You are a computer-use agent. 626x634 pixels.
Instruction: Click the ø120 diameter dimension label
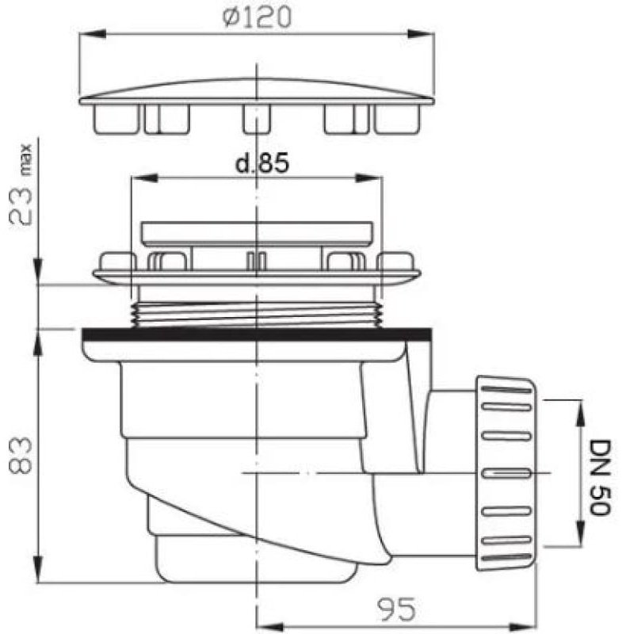(x=257, y=17)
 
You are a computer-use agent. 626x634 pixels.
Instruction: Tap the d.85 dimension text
(x=262, y=163)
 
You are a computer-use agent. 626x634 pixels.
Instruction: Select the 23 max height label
(x=21, y=185)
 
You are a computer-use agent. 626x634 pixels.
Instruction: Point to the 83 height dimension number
(x=20, y=455)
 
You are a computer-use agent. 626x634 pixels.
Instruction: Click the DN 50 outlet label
(x=600, y=478)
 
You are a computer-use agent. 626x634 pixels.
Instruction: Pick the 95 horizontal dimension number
(x=396, y=609)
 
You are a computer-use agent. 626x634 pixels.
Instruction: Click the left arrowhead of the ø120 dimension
(x=93, y=34)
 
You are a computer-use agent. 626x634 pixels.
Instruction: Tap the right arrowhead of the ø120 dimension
(x=421, y=34)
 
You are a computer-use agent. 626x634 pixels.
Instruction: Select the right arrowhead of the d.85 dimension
(x=368, y=178)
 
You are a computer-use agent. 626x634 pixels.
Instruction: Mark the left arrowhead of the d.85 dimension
(x=144, y=178)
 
